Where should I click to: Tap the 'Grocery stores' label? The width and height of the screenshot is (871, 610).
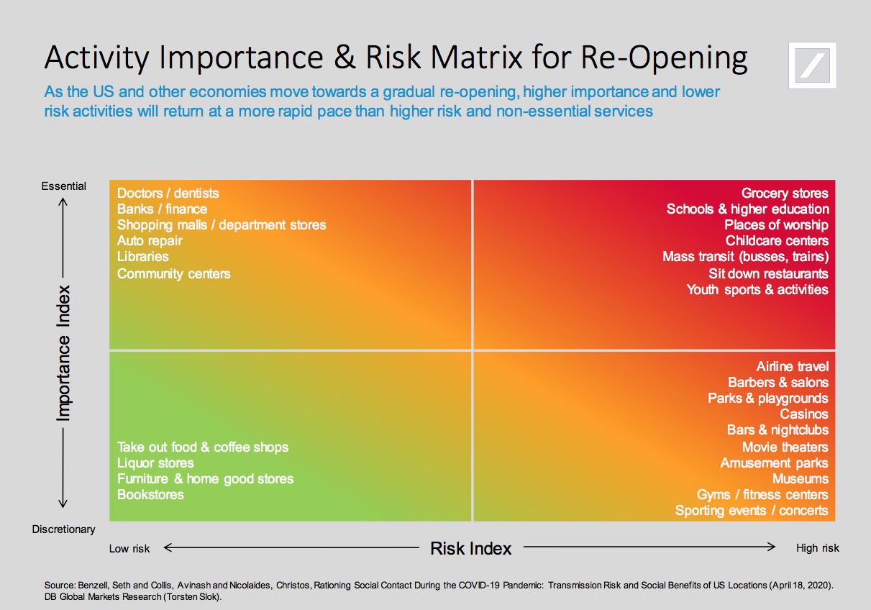pyautogui.click(x=785, y=193)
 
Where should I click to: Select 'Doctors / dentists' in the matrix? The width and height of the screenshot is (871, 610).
pyautogui.click(x=168, y=193)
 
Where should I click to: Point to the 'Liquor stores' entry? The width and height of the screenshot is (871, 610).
pyautogui.click(x=155, y=463)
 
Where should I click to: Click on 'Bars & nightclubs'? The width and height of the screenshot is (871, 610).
pyautogui.click(x=777, y=430)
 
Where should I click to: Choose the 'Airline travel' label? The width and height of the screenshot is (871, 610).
pyautogui.click(x=792, y=367)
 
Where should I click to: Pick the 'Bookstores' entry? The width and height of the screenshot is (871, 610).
pyautogui.click(x=150, y=494)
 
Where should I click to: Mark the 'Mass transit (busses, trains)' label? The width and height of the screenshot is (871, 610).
pyautogui.click(x=745, y=256)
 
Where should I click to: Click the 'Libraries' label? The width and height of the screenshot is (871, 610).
pyautogui.click(x=143, y=256)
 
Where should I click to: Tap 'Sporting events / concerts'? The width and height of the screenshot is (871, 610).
pyautogui.click(x=752, y=510)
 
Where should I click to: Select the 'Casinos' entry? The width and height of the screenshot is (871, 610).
pyautogui.click(x=804, y=414)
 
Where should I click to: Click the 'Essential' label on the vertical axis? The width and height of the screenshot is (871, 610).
pyautogui.click(x=63, y=186)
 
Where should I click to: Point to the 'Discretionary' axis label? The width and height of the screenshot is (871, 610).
pyautogui.click(x=63, y=529)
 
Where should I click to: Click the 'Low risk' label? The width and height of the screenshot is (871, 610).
pyautogui.click(x=129, y=549)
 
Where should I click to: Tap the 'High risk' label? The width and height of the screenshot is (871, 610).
pyautogui.click(x=817, y=548)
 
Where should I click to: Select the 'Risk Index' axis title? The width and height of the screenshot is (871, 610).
pyautogui.click(x=470, y=548)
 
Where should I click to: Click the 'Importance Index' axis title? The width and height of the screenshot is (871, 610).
pyautogui.click(x=64, y=352)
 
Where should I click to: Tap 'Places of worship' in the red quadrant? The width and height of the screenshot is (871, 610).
pyautogui.click(x=776, y=224)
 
